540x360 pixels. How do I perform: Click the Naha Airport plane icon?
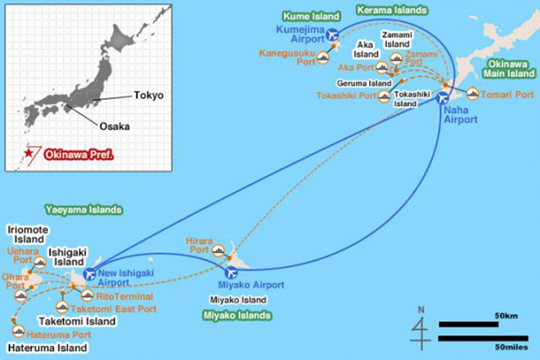[443, 98]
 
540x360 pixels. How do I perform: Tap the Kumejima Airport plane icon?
[332, 34]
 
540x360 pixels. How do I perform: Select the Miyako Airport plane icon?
[231, 272]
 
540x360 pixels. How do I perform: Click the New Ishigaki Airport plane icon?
[89, 274]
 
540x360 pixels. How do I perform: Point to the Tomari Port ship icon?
[473, 94]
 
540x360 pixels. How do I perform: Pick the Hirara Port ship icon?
[218, 250]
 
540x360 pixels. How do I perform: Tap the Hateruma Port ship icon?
[18, 331]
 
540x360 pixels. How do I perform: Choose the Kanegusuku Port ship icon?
[322, 57]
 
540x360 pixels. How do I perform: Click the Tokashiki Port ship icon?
[384, 96]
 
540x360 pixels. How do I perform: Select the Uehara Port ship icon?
[40, 263]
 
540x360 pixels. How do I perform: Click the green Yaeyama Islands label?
[83, 209]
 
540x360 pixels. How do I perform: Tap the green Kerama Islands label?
[392, 11]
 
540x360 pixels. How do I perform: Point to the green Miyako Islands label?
[237, 315]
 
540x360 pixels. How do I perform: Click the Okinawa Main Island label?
[509, 69]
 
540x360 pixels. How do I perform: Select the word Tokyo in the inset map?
[149, 95]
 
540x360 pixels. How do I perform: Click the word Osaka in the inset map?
[115, 127]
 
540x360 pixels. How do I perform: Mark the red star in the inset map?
[29, 153]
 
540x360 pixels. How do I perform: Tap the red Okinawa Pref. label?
[79, 155]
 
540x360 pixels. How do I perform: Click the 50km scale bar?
[468, 324]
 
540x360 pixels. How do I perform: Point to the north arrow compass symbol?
[421, 330]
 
